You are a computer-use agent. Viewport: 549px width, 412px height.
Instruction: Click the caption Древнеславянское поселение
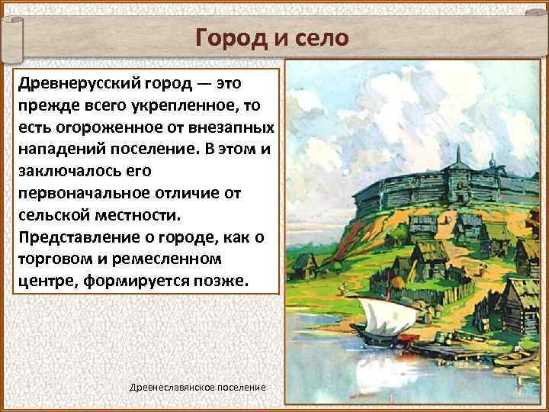point(198,388)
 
